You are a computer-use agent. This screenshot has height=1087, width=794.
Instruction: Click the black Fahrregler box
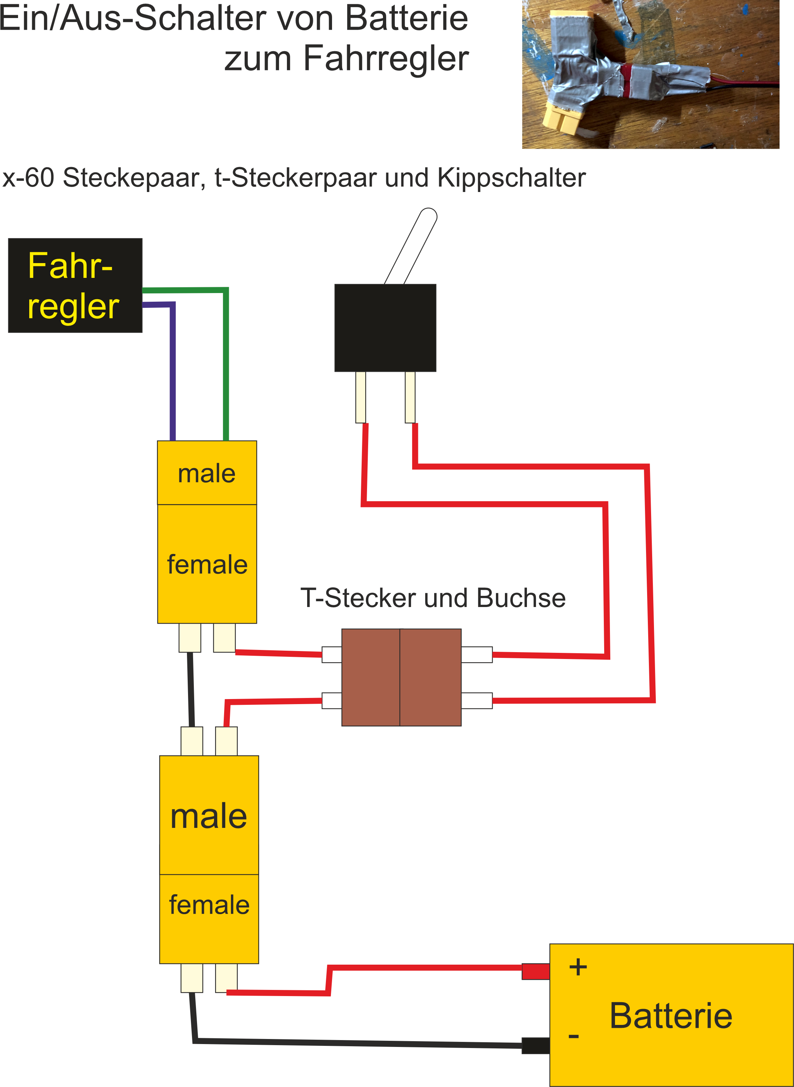coord(75,285)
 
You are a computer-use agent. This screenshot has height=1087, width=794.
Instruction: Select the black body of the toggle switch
coord(385,327)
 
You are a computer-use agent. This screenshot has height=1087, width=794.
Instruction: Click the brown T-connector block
coord(401,677)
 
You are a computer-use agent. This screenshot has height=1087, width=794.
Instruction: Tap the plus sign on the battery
coord(578,967)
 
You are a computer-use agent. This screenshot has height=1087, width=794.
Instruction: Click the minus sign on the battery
coord(573,1036)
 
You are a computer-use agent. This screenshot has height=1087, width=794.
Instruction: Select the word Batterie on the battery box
coord(671,1016)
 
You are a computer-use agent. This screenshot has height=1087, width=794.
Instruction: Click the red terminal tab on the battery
coord(536,971)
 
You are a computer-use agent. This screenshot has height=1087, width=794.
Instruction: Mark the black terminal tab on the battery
coord(536,1045)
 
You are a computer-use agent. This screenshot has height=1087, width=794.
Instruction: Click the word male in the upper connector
coord(207,473)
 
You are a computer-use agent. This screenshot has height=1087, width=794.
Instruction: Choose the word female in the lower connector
coord(209,905)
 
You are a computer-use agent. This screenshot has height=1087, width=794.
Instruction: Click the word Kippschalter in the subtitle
coord(511,178)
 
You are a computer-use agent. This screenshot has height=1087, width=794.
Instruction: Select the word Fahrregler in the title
coord(386,58)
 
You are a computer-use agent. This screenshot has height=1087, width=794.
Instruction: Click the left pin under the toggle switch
coord(361,397)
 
